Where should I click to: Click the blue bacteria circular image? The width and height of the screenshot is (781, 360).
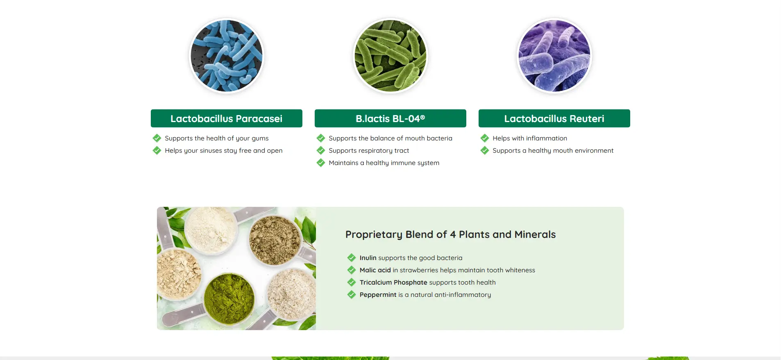tap(227, 56)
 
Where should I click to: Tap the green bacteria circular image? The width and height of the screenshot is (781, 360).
tap(390, 56)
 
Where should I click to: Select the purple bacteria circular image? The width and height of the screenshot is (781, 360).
tap(554, 56)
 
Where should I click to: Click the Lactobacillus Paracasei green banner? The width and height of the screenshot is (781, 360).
tap(227, 118)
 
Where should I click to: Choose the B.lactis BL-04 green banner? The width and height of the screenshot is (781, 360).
tap(390, 118)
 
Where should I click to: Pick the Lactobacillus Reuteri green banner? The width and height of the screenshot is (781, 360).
tap(554, 118)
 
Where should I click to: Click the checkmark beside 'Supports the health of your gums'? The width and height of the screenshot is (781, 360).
tap(157, 138)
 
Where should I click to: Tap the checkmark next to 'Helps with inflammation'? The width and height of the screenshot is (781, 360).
tap(485, 138)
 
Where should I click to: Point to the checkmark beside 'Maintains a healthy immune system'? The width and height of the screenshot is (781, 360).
tap(321, 163)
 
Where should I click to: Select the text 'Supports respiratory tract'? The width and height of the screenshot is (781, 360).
tap(369, 151)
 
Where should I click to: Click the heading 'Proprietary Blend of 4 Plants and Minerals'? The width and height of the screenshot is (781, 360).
tap(450, 234)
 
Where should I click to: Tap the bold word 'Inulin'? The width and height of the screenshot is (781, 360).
tap(368, 258)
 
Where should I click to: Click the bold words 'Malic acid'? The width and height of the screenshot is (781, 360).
tap(375, 270)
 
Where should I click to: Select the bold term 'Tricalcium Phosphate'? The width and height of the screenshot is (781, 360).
tap(393, 282)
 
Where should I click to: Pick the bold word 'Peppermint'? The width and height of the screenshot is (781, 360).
tap(378, 295)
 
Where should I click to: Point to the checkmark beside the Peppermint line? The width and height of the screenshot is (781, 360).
tap(352, 294)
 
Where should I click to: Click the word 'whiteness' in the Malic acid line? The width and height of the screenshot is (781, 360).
tap(520, 270)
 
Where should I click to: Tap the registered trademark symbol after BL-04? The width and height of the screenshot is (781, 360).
tap(422, 117)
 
